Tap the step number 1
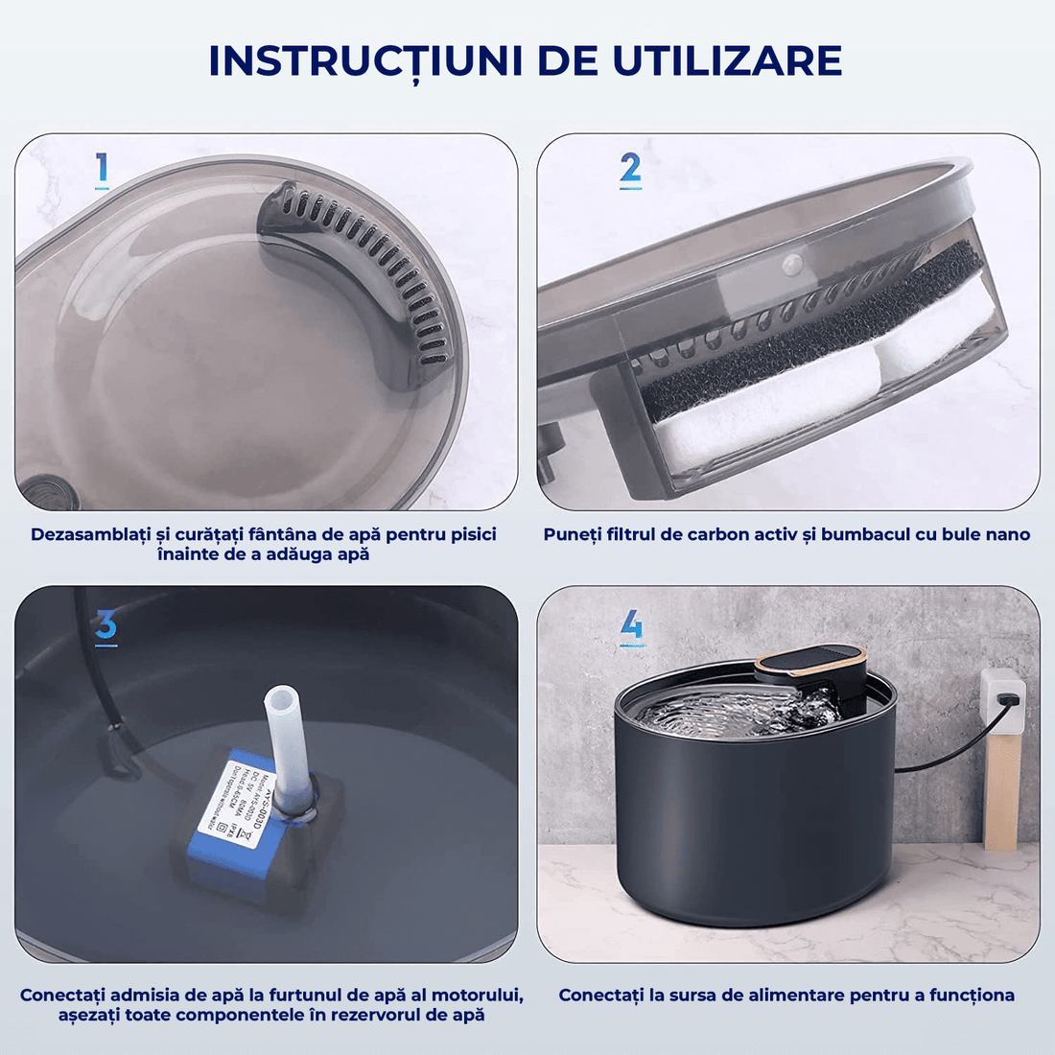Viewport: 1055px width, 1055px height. tap(102, 170)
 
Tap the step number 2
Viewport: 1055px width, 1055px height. tap(630, 170)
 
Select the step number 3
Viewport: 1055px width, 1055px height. tap(105, 626)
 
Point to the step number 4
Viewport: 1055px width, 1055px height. tap(631, 626)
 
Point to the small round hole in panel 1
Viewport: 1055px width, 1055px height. tap(43, 490)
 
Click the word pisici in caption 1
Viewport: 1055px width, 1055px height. tap(473, 534)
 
